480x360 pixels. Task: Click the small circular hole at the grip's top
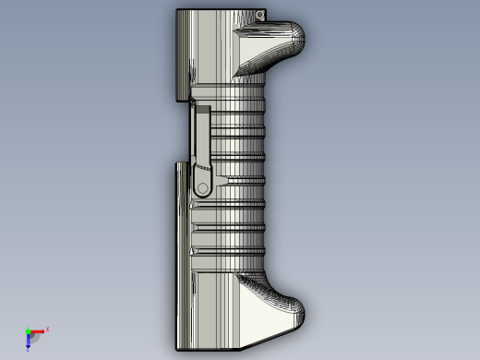tap(262, 16)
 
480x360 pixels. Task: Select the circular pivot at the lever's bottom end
tap(202, 187)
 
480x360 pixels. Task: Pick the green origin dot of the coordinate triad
tap(28, 331)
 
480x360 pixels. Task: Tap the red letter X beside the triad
tap(47, 329)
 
